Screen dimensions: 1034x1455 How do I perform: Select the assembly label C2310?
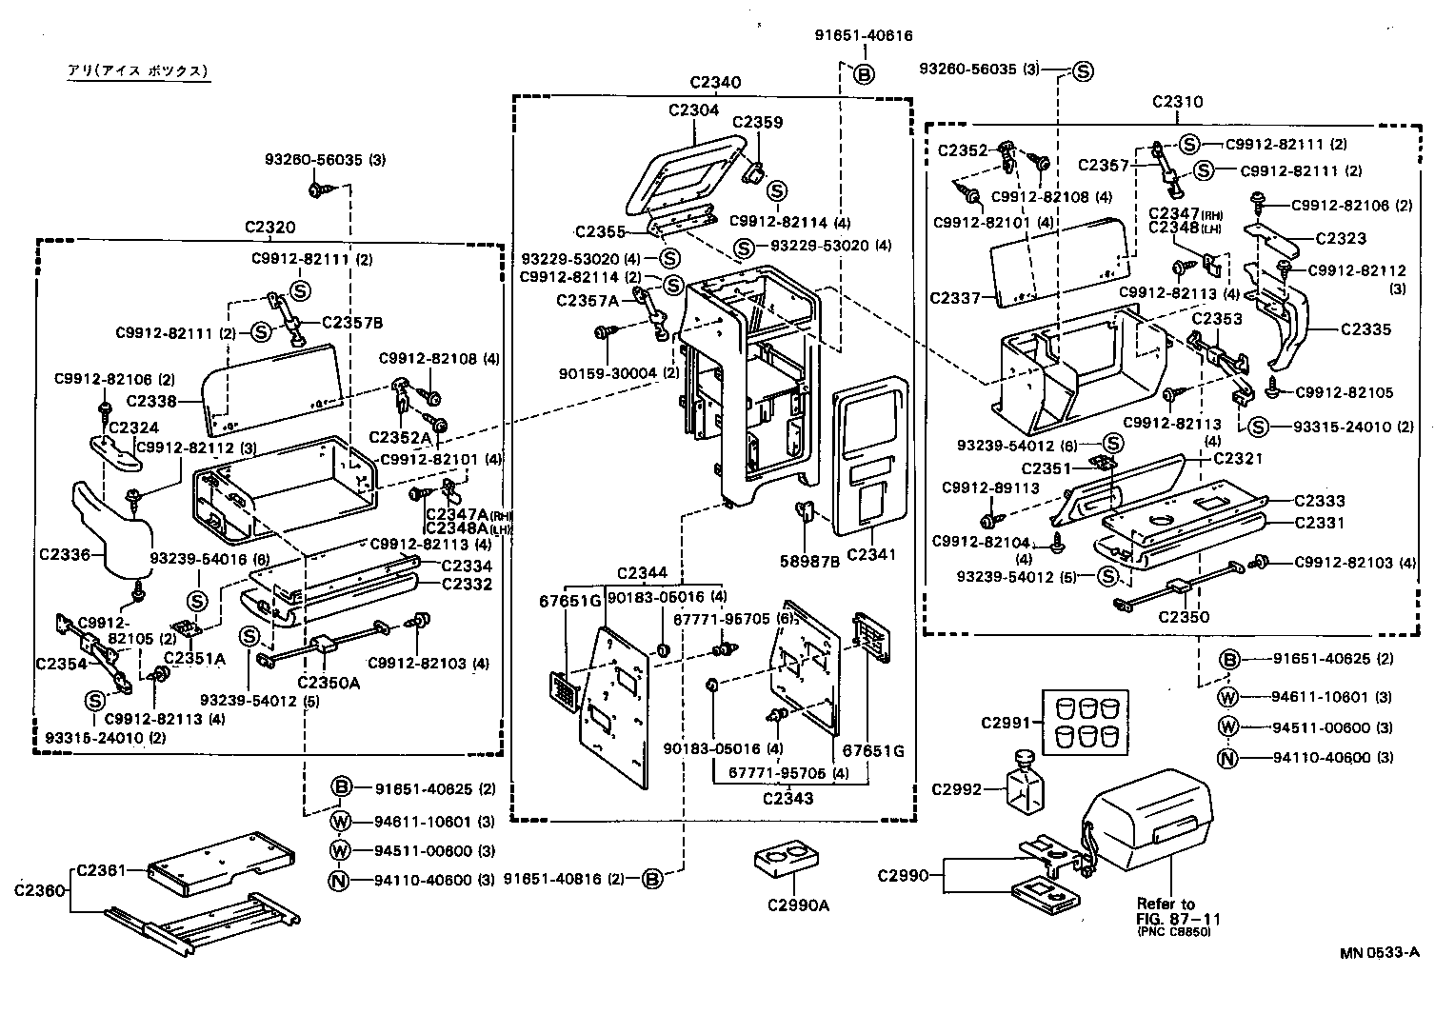[x=1177, y=102]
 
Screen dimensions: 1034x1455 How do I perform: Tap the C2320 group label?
[x=269, y=227]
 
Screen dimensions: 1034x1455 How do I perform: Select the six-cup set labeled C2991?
[x=1082, y=723]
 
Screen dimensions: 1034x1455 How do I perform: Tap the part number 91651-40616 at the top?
[x=864, y=36]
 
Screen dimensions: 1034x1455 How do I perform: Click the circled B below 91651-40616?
[x=864, y=74]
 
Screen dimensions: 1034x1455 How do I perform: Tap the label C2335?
[x=1365, y=329]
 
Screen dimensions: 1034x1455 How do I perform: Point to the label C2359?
[x=757, y=122]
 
